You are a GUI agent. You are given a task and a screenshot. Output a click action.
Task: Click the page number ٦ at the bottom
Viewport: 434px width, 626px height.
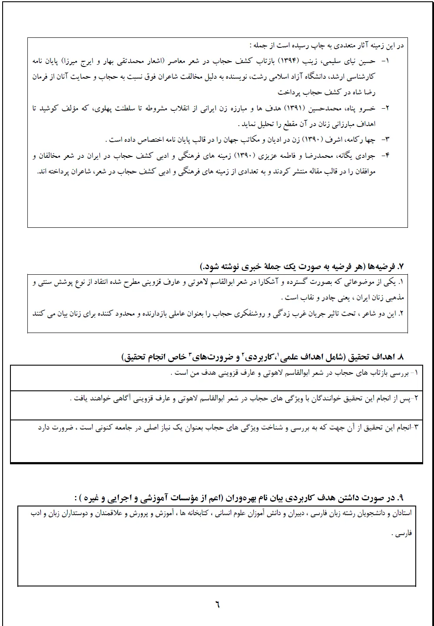217,604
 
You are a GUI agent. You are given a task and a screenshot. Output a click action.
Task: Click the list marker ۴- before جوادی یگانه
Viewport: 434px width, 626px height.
384,155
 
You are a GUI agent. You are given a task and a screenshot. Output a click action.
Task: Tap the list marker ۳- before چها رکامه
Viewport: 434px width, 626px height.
385,140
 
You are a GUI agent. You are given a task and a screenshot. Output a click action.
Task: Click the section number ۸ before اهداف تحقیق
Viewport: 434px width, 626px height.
401,357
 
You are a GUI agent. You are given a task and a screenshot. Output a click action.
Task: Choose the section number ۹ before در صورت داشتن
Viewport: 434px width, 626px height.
401,497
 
